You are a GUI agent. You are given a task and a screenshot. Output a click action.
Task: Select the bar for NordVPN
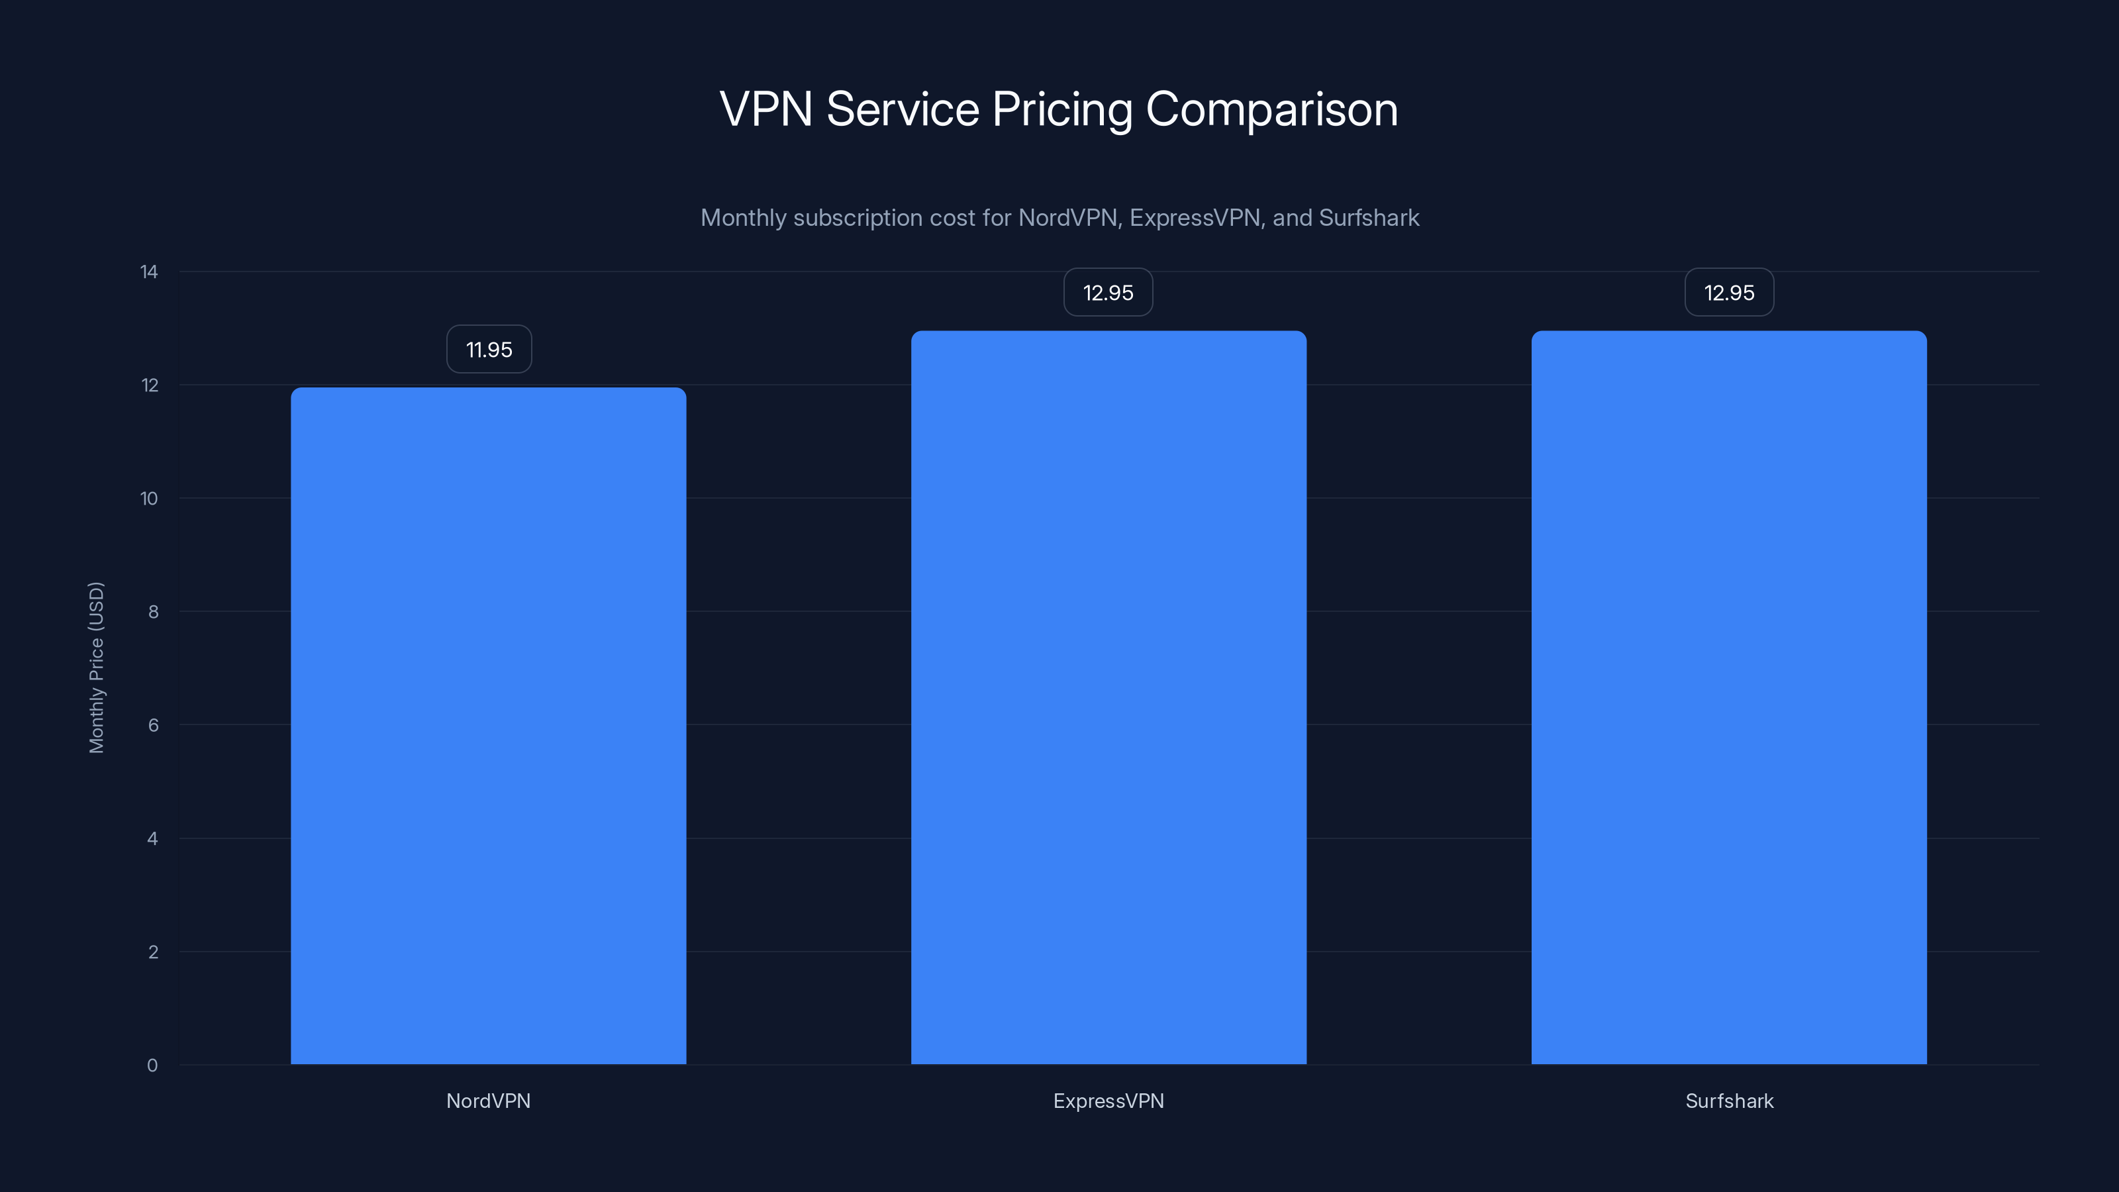click(x=488, y=726)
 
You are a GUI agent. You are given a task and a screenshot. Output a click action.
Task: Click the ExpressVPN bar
click(x=1108, y=697)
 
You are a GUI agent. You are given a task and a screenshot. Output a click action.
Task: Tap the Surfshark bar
click(x=1728, y=697)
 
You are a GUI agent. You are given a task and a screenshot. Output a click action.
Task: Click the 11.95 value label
click(x=489, y=350)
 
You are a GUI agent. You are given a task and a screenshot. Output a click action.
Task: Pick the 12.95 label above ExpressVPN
click(x=1108, y=293)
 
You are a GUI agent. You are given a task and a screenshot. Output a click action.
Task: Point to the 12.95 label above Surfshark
click(x=1728, y=293)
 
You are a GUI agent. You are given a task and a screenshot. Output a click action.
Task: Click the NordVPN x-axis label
click(x=488, y=1101)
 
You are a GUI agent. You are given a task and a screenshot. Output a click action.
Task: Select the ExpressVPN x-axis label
click(x=1108, y=1101)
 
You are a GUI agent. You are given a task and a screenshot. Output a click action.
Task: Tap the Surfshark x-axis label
click(x=1728, y=1101)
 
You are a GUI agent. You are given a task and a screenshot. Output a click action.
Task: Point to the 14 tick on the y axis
click(x=149, y=272)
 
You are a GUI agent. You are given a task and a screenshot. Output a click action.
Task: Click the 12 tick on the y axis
click(x=149, y=385)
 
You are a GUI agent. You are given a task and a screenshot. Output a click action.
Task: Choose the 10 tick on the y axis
click(x=149, y=499)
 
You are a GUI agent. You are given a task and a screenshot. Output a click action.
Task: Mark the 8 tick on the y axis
click(x=153, y=611)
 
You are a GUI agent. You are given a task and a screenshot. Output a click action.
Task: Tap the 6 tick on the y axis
click(x=153, y=724)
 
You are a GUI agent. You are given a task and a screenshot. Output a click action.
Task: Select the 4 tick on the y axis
click(x=153, y=838)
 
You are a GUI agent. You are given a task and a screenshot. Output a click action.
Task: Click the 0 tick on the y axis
click(x=152, y=1066)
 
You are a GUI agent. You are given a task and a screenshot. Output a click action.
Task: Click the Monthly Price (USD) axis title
click(x=96, y=667)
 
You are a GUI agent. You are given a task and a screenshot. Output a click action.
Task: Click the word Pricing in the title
click(x=1062, y=109)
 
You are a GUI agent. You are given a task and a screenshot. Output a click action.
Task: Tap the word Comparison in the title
click(x=1271, y=109)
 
